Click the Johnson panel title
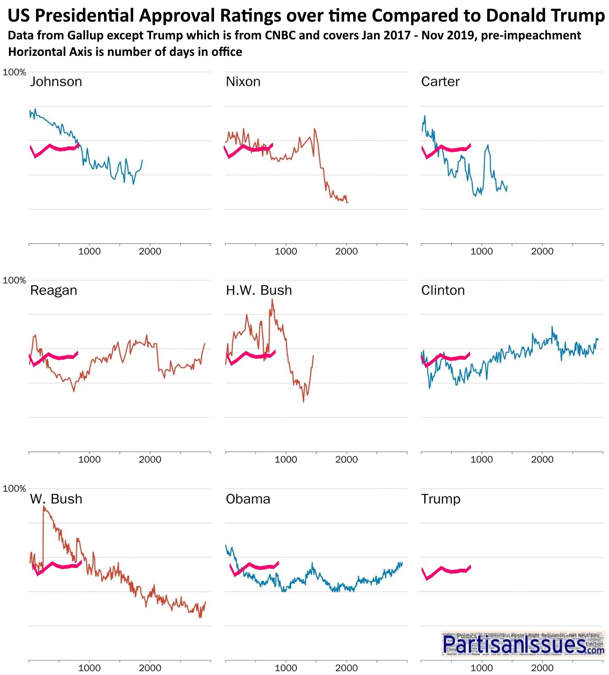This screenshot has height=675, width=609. [x=56, y=81]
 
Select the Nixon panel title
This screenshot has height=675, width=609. [x=243, y=81]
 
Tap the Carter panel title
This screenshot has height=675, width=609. [x=440, y=81]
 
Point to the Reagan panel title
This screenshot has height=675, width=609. [x=54, y=290]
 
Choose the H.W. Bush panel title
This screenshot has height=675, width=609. [x=259, y=290]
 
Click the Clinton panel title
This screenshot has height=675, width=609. [x=443, y=290]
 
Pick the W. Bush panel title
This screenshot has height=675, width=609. [x=56, y=499]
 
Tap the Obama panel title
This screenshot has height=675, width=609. [x=248, y=499]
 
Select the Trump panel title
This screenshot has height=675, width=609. [x=441, y=499]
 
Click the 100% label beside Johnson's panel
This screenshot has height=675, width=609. [x=14, y=72]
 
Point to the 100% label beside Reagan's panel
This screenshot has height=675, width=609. [x=14, y=281]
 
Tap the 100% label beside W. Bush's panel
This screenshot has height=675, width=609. [x=14, y=489]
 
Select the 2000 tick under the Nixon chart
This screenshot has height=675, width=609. [x=346, y=251]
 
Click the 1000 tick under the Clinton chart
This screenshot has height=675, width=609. [x=482, y=460]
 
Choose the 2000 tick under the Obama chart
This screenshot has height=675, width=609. [x=346, y=668]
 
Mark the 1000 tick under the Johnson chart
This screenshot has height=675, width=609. [x=90, y=251]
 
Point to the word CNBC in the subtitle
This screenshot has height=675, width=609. [x=281, y=35]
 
